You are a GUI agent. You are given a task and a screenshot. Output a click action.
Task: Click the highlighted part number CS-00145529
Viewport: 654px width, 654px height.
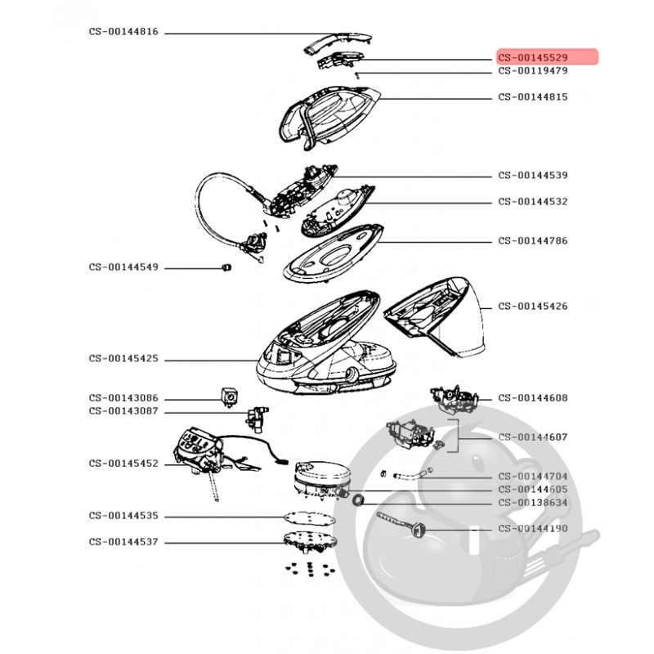(x=533, y=57)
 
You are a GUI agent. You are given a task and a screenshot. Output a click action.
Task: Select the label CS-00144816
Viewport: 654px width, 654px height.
(x=123, y=31)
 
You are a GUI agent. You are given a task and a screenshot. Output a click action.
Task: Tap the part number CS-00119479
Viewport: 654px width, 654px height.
(x=533, y=70)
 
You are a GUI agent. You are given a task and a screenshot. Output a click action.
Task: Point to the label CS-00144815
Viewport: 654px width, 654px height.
(x=533, y=96)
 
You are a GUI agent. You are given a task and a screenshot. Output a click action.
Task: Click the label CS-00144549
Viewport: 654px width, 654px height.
(x=123, y=267)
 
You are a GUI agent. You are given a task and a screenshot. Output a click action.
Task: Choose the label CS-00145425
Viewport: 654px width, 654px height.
(x=123, y=358)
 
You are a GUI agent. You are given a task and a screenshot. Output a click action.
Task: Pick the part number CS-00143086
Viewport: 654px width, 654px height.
(x=123, y=397)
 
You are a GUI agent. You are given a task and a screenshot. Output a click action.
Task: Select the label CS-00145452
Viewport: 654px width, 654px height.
(x=123, y=463)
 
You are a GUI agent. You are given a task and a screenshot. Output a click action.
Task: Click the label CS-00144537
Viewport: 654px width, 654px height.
(x=123, y=541)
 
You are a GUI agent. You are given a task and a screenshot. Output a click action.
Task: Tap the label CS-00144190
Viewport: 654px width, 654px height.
(x=533, y=528)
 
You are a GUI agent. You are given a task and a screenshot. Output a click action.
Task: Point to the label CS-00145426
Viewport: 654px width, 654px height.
(x=533, y=306)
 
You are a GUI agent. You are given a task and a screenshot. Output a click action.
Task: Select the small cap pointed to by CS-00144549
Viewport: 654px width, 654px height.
(x=226, y=267)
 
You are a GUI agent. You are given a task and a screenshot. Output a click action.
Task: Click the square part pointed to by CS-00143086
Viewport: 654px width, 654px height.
(x=229, y=396)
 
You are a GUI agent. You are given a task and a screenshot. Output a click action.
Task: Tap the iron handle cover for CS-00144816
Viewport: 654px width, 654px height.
(x=337, y=43)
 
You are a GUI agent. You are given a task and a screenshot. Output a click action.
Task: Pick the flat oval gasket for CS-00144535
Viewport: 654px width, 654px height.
(x=310, y=518)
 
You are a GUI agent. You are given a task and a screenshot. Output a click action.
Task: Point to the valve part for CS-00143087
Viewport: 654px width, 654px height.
(x=257, y=419)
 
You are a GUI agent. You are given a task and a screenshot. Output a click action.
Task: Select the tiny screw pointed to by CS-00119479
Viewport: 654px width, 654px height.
(x=356, y=75)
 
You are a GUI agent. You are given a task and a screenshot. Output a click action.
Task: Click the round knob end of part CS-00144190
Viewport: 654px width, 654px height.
(x=417, y=531)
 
